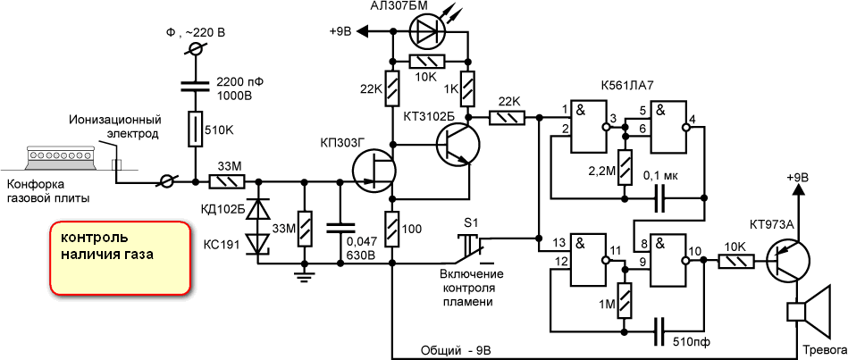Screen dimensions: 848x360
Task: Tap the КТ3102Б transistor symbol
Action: coord(458,145)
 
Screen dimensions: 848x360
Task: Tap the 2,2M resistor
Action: coord(625,168)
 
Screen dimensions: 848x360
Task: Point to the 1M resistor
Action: coord(625,302)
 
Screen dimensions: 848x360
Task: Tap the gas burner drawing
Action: coord(61,158)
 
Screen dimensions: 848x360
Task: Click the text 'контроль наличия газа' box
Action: coord(120,256)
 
